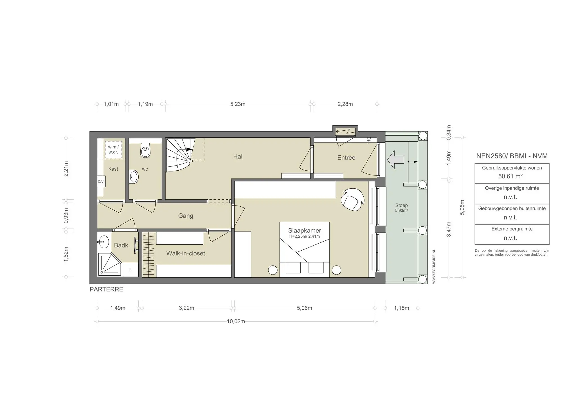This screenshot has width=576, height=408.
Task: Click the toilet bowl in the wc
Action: tap(145, 150)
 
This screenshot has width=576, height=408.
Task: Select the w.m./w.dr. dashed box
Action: tap(113, 150)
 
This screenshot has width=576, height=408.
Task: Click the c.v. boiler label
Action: tap(101, 181)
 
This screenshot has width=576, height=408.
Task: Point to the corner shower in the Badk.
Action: tap(109, 264)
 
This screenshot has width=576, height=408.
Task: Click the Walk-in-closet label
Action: tap(186, 253)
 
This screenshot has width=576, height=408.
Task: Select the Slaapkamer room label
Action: tap(305, 231)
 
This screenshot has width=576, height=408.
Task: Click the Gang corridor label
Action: tap(186, 216)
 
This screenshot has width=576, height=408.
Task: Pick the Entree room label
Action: tap(346, 158)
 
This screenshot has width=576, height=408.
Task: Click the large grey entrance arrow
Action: tap(395, 160)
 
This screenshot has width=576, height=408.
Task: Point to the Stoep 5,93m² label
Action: tap(401, 208)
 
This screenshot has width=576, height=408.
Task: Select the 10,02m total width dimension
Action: tap(236, 322)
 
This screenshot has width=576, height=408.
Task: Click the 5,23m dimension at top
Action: tap(238, 104)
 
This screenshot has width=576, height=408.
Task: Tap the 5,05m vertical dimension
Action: tap(462, 207)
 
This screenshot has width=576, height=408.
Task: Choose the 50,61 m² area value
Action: tap(510, 177)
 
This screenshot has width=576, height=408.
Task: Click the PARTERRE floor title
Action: tap(106, 289)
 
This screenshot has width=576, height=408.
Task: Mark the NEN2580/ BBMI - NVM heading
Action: tap(512, 156)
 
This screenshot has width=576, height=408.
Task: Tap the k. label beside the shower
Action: tap(130, 270)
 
